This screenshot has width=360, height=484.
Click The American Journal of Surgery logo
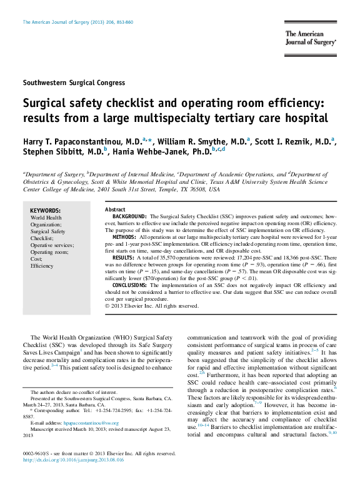[x=311, y=38]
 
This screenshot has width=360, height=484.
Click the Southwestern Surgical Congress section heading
[x=74, y=83]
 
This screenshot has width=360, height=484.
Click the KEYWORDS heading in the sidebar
[x=46, y=211]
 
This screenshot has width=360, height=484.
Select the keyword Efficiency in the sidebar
[x=42, y=266]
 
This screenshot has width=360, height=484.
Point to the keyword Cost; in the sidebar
[x=37, y=259]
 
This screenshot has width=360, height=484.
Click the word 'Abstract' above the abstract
[x=115, y=209]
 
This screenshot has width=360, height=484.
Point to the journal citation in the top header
[x=77, y=22]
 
